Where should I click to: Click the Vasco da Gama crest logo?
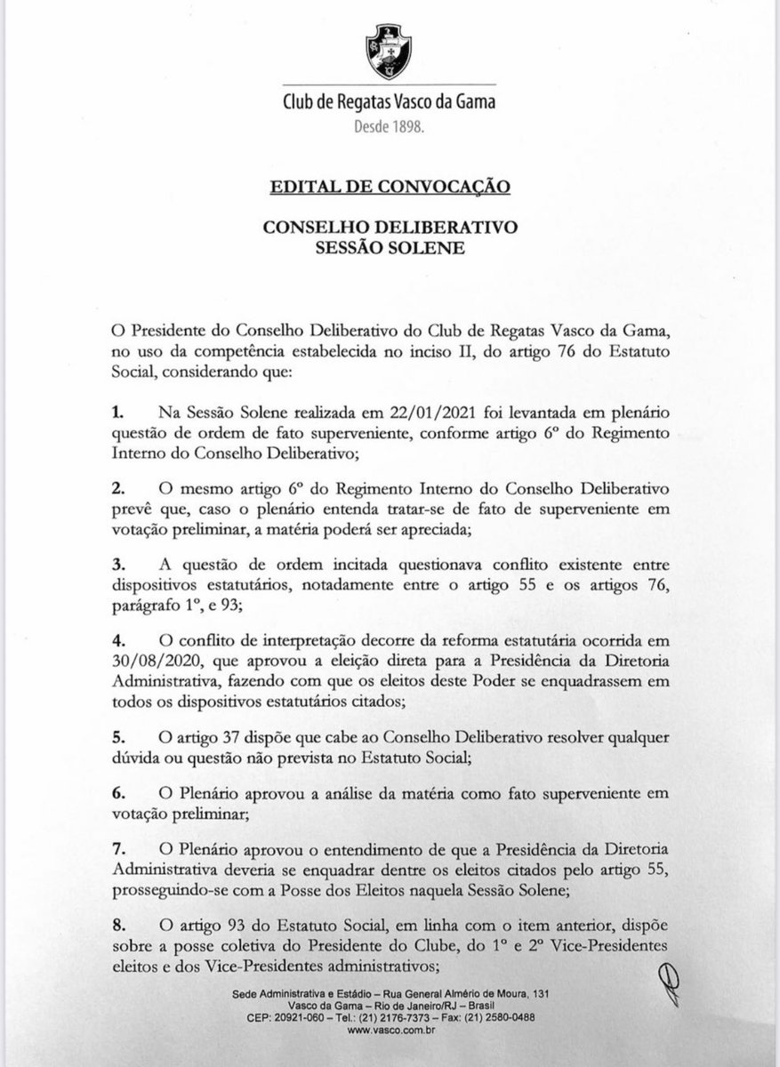(x=389, y=53)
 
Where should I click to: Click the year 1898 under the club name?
(x=412, y=127)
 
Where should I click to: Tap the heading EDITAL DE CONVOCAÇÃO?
(x=389, y=188)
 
